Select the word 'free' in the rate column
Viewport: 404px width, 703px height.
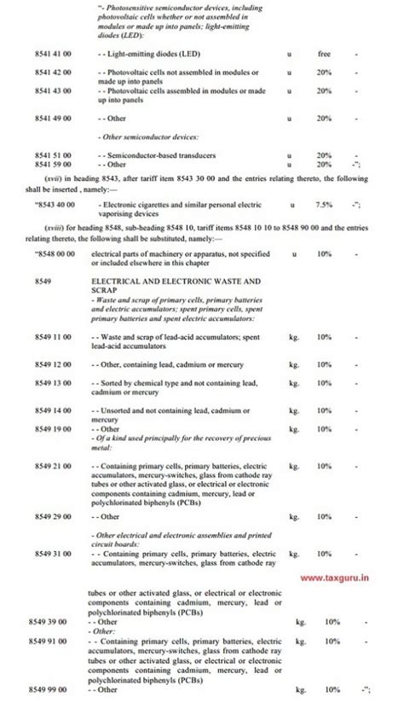coord(324,54)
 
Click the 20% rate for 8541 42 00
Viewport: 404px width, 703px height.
coord(324,73)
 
